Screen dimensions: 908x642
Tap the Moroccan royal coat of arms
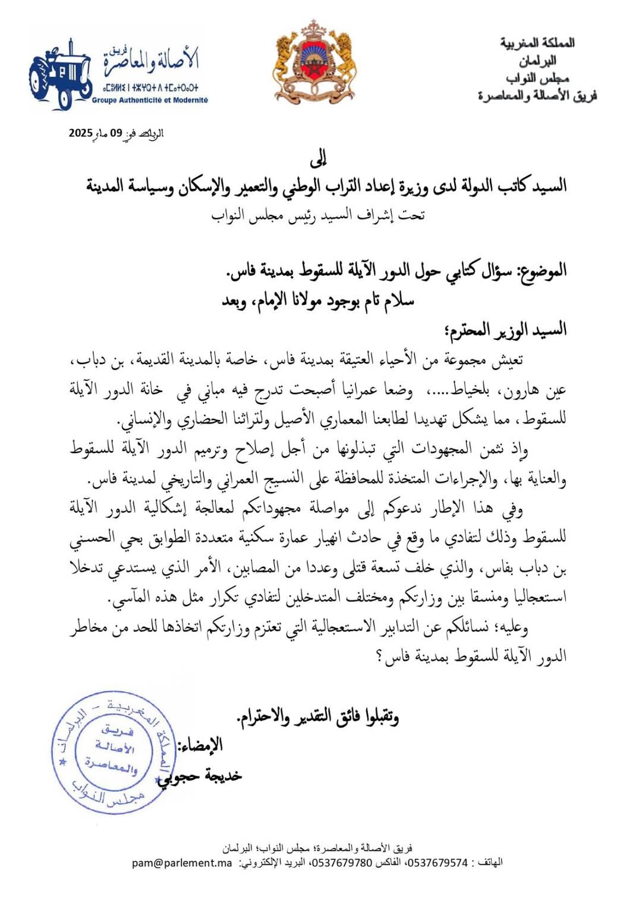coord(314,62)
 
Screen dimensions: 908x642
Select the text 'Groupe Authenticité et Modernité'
coord(150,100)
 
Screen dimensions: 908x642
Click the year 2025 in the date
coord(81,133)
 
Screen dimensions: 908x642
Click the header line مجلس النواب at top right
coord(537,78)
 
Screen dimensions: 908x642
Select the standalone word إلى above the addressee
coord(319,159)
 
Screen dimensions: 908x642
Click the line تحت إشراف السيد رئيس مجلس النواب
coord(318,215)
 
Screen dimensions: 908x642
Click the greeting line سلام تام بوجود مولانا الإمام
coord(318,301)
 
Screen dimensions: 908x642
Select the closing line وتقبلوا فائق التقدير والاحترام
coord(318,717)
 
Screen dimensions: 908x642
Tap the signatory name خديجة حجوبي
coord(200,776)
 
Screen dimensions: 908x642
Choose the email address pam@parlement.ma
coord(182,863)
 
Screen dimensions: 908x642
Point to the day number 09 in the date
coord(116,133)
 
